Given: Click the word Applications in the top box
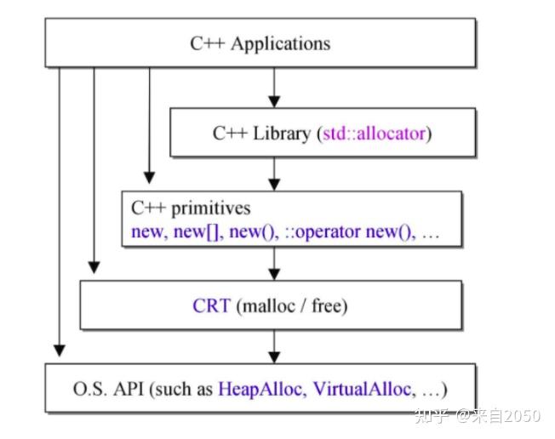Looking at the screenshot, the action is pyautogui.click(x=281, y=44).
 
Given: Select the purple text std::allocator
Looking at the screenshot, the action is pyautogui.click(x=374, y=134).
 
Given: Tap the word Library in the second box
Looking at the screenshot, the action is pyautogui.click(x=282, y=134).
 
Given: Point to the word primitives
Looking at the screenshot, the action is pyautogui.click(x=211, y=208).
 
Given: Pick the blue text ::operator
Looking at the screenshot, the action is pyautogui.click(x=323, y=232).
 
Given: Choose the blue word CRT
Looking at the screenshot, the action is pyautogui.click(x=212, y=305).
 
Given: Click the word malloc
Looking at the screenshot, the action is pyautogui.click(x=269, y=305).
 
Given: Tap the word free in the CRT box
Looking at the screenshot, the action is pyautogui.click(x=326, y=305).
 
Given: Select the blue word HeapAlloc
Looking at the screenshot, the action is pyautogui.click(x=261, y=389).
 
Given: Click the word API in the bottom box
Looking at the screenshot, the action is pyautogui.click(x=129, y=389).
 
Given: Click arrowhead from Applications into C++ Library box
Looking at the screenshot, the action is pyautogui.click(x=274, y=101).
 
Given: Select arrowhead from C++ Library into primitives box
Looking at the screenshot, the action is pyautogui.click(x=274, y=185).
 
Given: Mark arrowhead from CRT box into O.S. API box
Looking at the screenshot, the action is pyautogui.click(x=274, y=357).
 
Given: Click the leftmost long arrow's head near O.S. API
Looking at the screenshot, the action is pyautogui.click(x=59, y=351).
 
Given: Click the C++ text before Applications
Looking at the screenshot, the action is pyautogui.click(x=208, y=44).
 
